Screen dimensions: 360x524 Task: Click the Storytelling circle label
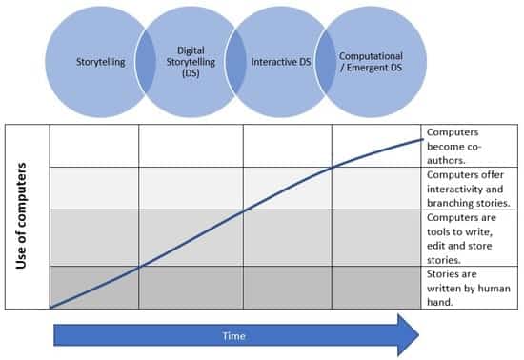point(102,62)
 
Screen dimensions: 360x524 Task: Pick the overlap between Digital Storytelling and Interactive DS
point(235,62)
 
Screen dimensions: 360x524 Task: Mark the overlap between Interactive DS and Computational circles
point(325,62)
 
